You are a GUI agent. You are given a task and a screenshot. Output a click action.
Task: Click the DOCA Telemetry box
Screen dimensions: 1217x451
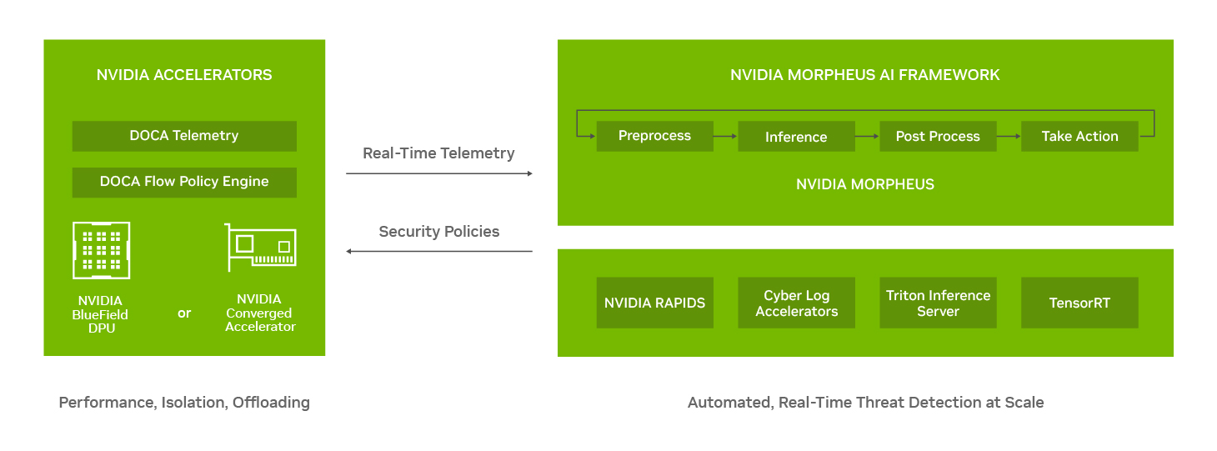coord(184,136)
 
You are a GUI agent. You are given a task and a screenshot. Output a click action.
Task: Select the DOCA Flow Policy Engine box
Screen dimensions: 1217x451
coord(184,182)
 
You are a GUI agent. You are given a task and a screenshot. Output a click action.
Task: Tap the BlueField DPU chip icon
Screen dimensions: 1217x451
coord(102,250)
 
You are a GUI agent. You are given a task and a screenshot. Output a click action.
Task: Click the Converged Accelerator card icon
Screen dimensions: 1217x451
coord(260,248)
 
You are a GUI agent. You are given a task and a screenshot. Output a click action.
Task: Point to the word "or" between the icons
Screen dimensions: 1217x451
coord(184,313)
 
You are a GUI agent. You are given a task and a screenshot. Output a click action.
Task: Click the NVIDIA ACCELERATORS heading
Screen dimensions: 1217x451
coord(184,75)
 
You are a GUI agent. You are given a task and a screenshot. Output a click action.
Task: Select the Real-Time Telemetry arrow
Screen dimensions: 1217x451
coord(439,173)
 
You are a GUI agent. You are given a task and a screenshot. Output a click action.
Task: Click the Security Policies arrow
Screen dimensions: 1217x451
coord(439,251)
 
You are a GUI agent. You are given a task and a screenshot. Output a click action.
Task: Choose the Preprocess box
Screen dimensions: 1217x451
coord(654,136)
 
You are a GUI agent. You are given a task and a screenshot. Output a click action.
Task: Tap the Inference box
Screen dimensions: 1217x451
coord(797,136)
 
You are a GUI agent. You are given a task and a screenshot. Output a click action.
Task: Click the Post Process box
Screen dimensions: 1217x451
coord(938,136)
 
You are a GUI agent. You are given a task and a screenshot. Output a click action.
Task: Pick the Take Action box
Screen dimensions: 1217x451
coord(1079,136)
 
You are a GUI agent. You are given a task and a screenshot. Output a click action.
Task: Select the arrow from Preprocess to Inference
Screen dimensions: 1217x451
coord(725,136)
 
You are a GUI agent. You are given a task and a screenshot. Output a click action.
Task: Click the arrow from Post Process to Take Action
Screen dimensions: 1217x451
coord(1009,136)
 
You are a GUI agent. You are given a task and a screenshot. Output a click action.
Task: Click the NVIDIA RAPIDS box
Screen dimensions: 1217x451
coord(654,303)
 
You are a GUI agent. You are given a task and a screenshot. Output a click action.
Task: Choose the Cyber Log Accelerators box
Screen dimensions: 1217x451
coord(797,303)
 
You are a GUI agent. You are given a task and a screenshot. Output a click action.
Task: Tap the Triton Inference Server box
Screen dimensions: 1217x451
coord(938,303)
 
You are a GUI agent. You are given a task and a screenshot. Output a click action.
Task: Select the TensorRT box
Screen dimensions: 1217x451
coord(1079,303)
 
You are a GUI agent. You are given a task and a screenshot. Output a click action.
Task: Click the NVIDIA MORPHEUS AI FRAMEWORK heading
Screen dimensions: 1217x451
coord(865,75)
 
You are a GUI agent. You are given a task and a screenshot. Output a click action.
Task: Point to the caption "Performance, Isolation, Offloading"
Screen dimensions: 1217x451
coord(184,403)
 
